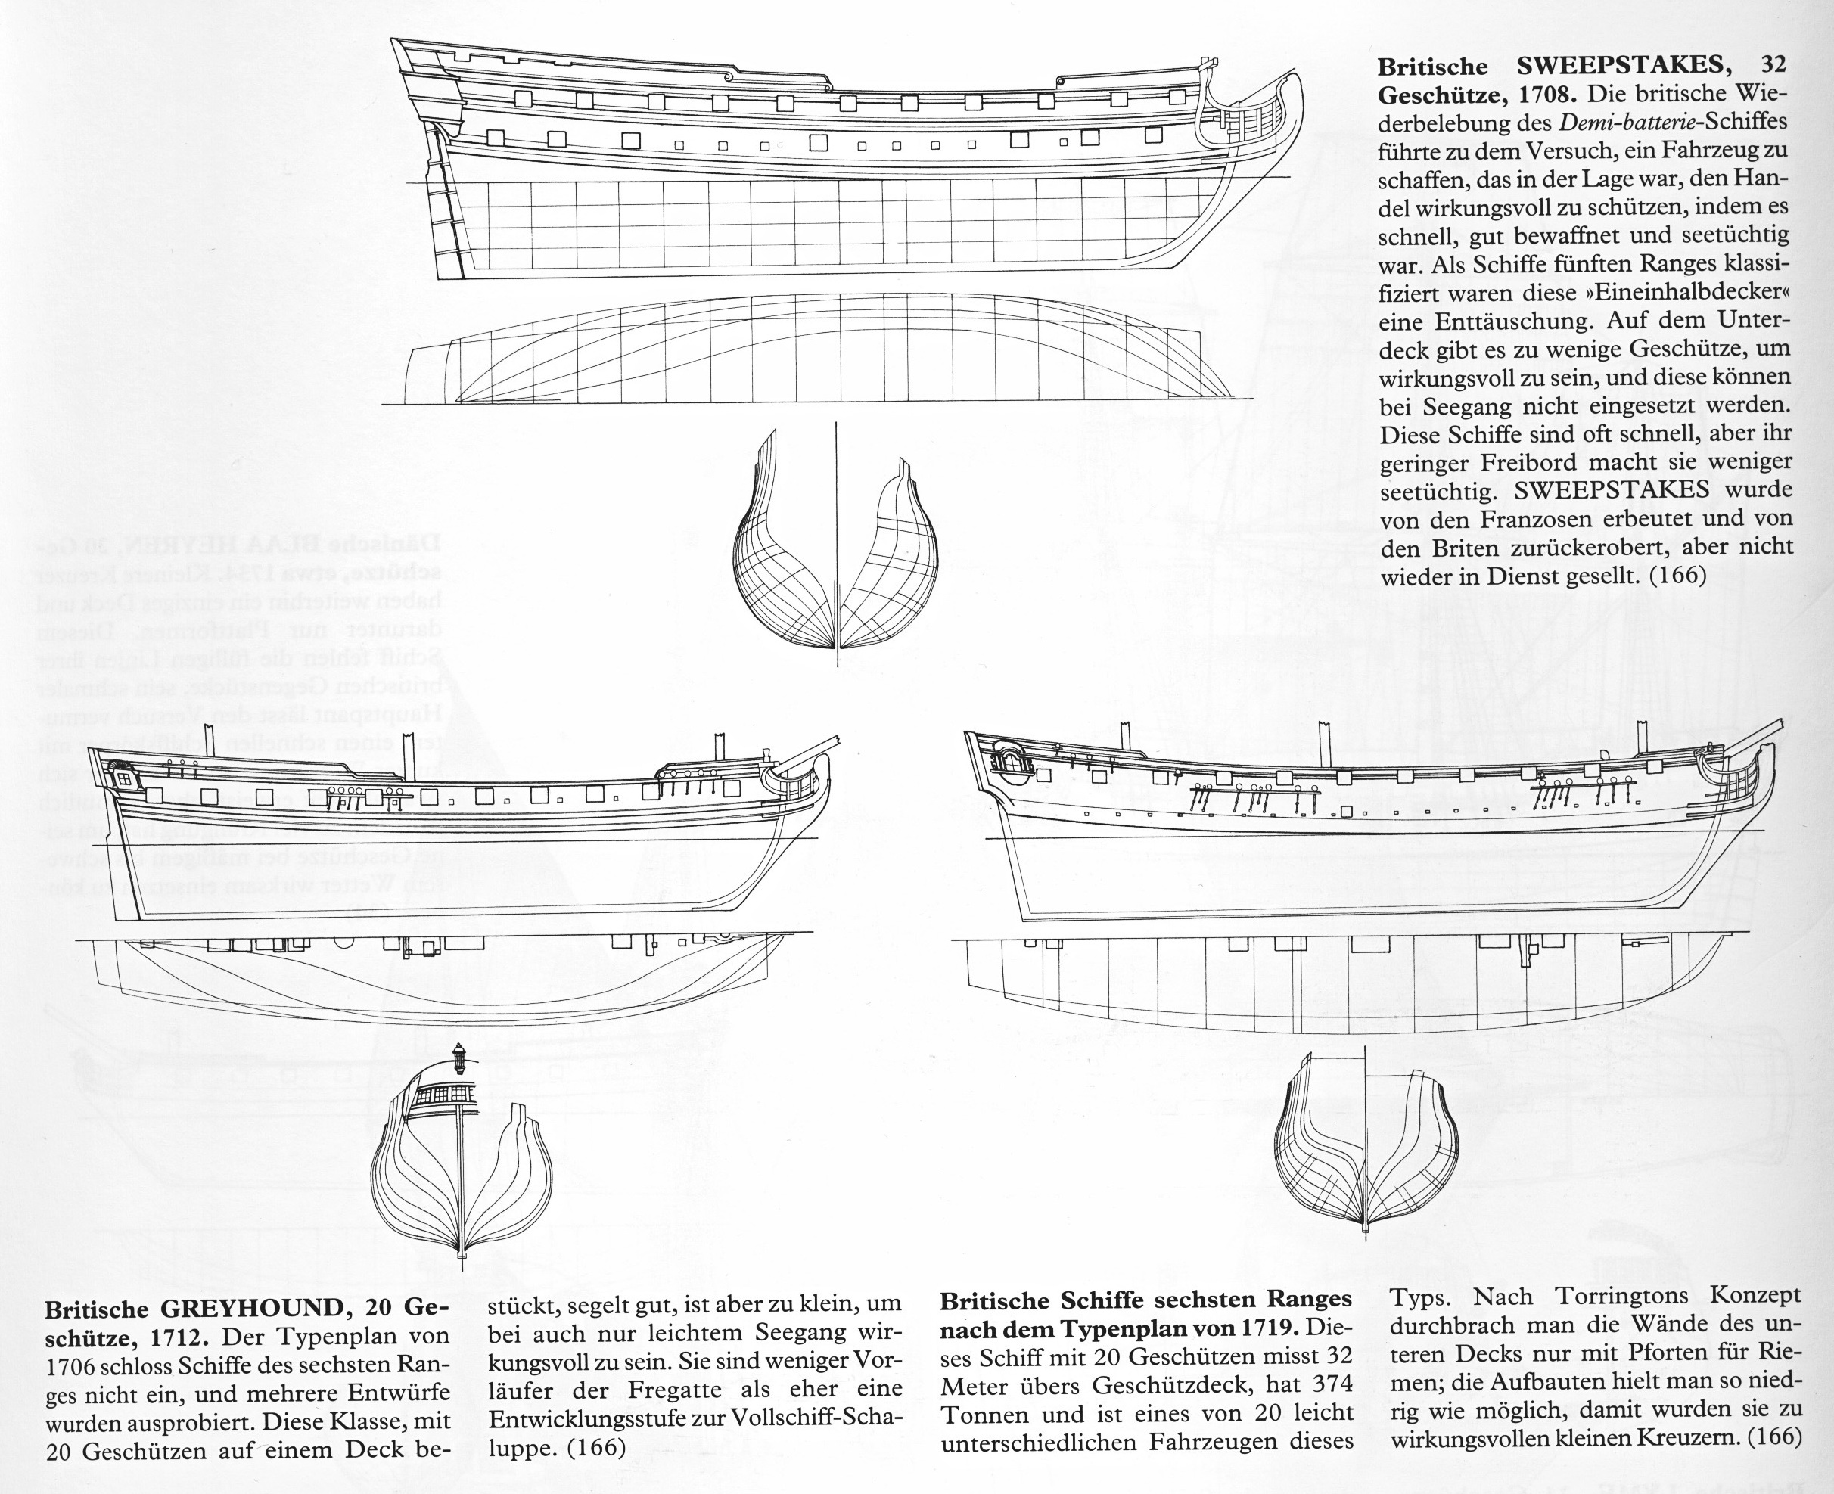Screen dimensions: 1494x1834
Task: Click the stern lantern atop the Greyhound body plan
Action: click(x=459, y=1054)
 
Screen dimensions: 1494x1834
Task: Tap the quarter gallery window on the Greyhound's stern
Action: click(x=123, y=778)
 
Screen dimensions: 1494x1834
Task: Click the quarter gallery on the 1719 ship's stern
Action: click(x=1009, y=762)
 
